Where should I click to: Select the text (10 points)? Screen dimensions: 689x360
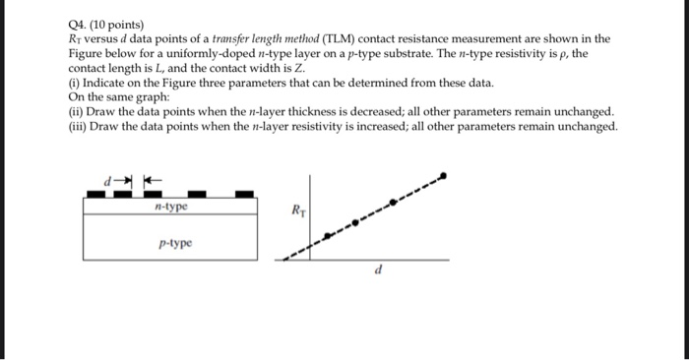coord(116,23)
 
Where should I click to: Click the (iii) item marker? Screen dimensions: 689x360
coord(77,127)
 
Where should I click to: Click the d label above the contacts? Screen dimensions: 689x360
coord(110,180)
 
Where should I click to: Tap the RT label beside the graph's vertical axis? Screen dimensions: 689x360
coord(298,210)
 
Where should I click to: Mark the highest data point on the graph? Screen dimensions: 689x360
coord(442,177)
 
